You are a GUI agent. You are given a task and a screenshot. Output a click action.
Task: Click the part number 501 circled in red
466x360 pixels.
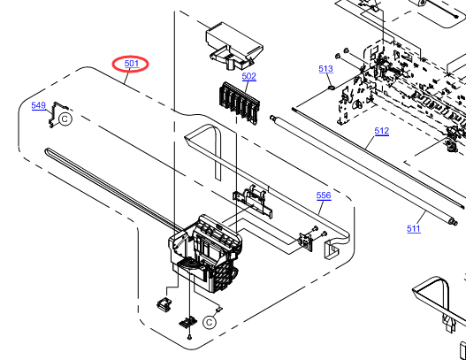pos(132,64)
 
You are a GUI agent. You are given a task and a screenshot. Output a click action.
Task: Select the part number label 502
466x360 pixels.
pos(248,76)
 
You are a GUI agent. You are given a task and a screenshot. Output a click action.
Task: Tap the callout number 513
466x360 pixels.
pos(325,69)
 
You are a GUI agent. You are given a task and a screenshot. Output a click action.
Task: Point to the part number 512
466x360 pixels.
pos(382,131)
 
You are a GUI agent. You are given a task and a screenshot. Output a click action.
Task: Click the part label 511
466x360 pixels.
pos(414,228)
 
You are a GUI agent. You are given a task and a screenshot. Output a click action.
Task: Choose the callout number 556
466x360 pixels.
pos(324,195)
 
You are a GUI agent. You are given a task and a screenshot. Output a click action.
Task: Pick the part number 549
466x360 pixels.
pos(38,105)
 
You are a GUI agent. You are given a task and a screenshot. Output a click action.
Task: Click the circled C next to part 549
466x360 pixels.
pos(65,119)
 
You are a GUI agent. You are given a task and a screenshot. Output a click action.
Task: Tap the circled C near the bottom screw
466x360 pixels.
pos(210,322)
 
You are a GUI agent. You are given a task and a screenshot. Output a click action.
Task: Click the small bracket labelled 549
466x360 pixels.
pos(55,114)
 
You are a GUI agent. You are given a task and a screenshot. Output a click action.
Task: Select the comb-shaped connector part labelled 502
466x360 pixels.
pos(240,103)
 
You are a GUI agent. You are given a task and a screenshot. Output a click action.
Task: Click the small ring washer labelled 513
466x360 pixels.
pos(332,88)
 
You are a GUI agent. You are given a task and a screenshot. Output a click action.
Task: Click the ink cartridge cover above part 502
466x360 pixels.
pos(234,46)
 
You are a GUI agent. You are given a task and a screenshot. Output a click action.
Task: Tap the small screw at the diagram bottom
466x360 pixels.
pos(189,337)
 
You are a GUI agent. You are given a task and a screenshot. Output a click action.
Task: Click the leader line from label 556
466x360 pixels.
pos(320,208)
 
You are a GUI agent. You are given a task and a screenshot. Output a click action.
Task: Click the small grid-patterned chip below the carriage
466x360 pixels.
pos(187,323)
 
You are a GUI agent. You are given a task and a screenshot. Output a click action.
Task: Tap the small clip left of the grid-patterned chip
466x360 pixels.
pos(164,304)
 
